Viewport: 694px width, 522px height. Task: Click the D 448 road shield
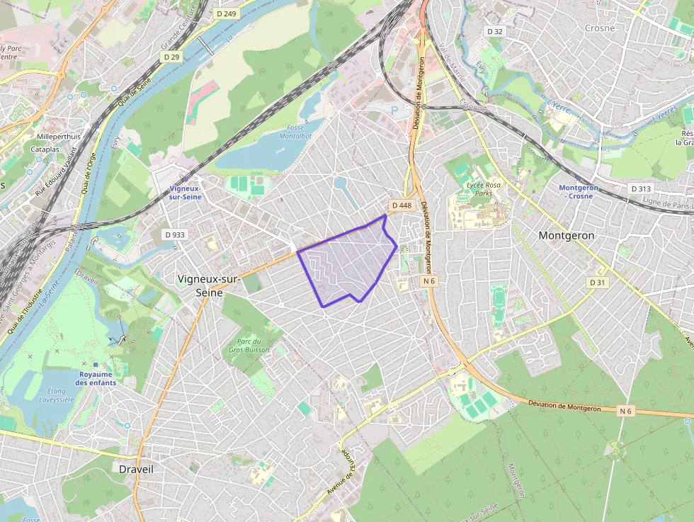point(401,205)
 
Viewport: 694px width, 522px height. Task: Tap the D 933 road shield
point(174,234)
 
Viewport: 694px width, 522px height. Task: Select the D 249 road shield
point(227,13)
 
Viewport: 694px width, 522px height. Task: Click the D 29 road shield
point(171,56)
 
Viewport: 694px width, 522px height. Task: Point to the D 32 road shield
point(494,31)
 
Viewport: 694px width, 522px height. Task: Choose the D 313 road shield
point(640,188)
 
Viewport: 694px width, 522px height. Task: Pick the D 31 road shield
point(598,282)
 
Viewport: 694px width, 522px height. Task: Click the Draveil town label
point(136,470)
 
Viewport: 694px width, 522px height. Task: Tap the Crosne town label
point(600,28)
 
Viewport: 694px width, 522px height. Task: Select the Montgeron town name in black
point(567,235)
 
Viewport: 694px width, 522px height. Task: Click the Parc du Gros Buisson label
point(247,346)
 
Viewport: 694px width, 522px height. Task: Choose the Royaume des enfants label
point(97,378)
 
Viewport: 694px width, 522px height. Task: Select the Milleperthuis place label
point(59,136)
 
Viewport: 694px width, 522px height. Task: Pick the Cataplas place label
point(45,149)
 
